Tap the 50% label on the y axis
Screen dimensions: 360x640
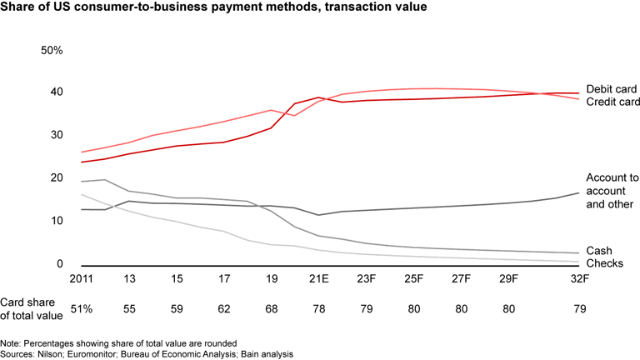tap(52, 51)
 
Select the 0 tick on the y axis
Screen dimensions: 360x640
tap(59, 264)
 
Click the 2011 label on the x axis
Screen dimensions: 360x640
tap(82, 279)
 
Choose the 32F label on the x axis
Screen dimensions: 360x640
tap(580, 279)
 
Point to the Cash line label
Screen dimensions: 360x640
tap(599, 251)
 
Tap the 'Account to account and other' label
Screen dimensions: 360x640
tap(612, 191)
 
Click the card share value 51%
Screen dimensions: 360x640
tap(82, 308)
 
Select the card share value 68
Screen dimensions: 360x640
tap(272, 308)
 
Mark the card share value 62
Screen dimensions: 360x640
tap(224, 308)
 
